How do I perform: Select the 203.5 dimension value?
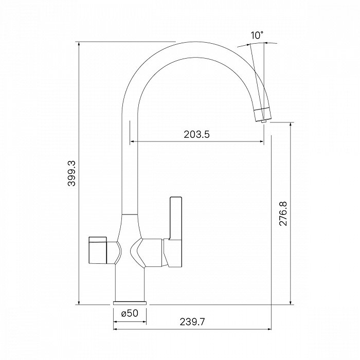197,134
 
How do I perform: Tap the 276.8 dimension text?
283,214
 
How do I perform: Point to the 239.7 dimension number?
192,321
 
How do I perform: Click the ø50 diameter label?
130,313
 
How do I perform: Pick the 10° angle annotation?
257,35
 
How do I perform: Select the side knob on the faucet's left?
97,250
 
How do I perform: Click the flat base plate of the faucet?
130,303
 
